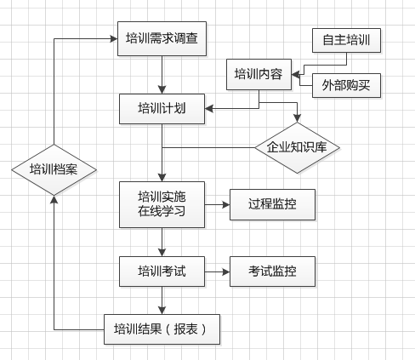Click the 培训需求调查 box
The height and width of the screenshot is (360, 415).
coord(162,38)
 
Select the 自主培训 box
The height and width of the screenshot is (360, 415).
coord(346,40)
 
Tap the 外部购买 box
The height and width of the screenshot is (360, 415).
coord(346,85)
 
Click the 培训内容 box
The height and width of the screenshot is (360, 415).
coord(259,74)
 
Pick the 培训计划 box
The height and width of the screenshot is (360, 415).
coord(162,109)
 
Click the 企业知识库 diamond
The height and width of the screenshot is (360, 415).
coord(297,148)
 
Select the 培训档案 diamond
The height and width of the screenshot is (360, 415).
coord(54,170)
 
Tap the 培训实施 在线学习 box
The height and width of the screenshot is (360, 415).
coord(162,204)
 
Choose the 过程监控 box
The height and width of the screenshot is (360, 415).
coord(272,204)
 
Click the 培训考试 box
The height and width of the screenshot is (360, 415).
coord(162,271)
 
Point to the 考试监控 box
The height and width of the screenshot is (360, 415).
coord(272,271)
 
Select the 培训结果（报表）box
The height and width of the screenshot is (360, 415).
coord(162,329)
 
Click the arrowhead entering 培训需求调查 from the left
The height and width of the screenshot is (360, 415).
coord(114,39)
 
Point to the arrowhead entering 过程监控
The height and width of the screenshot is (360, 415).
coord(226,204)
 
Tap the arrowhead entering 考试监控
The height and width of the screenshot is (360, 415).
coord(226,271)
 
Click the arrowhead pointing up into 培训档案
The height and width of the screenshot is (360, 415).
coord(54,199)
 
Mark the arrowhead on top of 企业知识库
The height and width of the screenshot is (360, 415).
coord(297,118)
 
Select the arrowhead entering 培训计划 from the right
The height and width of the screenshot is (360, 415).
coord(209,108)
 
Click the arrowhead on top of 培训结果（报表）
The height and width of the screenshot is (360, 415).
coord(162,311)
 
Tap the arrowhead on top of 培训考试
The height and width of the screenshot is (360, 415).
coord(162,253)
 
